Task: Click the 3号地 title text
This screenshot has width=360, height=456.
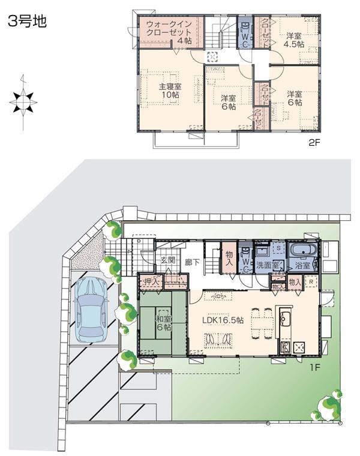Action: tap(26, 22)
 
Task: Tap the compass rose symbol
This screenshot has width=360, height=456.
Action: tap(23, 102)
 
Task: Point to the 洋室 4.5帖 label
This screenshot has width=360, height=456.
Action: tap(293, 40)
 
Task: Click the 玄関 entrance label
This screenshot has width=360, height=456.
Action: tap(167, 261)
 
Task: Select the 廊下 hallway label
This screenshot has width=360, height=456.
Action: tap(193, 262)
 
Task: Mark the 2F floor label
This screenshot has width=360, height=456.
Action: tap(315, 143)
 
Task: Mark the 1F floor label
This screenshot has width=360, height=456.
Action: tap(315, 364)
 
